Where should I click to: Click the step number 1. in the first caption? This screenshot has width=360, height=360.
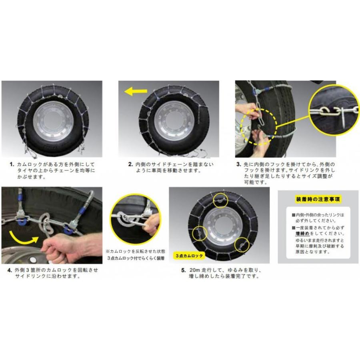click(x=13, y=164)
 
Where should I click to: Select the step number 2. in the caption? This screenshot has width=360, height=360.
click(x=130, y=164)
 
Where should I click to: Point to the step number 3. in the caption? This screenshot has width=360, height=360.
click(x=238, y=164)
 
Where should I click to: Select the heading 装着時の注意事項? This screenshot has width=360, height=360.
click(x=313, y=199)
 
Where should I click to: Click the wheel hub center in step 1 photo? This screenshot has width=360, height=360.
click(x=52, y=120)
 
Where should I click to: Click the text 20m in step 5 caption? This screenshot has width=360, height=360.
click(x=197, y=270)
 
